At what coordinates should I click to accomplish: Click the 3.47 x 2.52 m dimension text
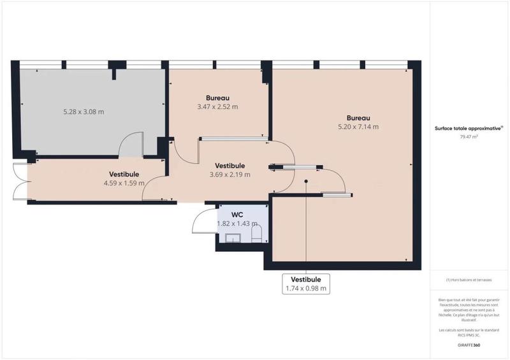coord(217,106)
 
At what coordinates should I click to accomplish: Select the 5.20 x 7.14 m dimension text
coord(358,126)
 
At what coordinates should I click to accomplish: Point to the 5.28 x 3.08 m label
coord(84,112)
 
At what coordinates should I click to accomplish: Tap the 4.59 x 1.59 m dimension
coord(124,183)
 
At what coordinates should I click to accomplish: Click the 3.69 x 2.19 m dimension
coord(229,174)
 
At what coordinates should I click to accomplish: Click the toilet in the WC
coord(256,236)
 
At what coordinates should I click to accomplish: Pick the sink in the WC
coord(232,238)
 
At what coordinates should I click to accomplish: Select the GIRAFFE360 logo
coord(469,344)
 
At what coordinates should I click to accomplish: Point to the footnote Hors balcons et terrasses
coord(469,280)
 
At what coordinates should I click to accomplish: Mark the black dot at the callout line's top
coord(306,182)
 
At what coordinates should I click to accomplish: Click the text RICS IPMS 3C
coord(469,333)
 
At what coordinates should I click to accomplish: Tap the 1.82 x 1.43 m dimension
coord(237,224)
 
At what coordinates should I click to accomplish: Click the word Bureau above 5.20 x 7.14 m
coord(358,118)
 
